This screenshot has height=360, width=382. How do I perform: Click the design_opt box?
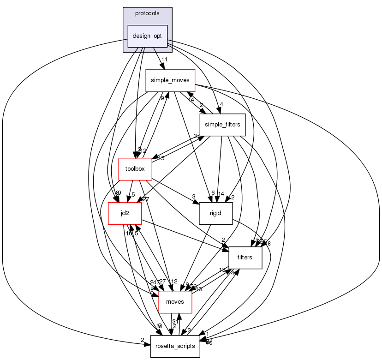coord(147,36)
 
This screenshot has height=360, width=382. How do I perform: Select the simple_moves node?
coord(170,80)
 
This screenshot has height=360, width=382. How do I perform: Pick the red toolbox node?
coord(135,169)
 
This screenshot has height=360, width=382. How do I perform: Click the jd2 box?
coord(118,213)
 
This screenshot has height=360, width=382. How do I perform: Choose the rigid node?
coord(216,213)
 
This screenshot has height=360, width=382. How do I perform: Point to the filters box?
coord(245,258)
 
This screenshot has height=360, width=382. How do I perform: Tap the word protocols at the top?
coord(147,13)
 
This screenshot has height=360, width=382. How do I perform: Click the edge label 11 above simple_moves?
coord(164,60)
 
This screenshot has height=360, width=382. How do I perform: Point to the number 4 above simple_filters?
coord(221,104)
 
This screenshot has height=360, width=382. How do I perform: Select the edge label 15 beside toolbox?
coord(161,159)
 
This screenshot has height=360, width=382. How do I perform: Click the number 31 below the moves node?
coord(175,322)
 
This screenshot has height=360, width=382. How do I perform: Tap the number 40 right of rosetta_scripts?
coord(209,343)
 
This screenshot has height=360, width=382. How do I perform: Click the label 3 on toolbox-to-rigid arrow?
coord(194,197)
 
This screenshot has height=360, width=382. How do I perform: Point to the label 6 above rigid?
coord(213,193)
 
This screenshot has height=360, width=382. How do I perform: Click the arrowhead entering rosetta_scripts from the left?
coord(148,344)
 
